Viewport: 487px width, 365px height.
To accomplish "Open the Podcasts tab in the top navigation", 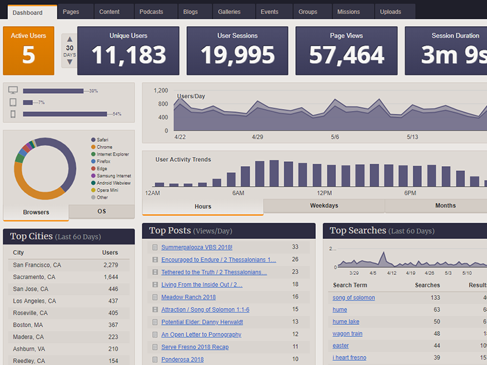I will click(151, 12).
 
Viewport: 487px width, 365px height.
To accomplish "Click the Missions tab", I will click(348, 12).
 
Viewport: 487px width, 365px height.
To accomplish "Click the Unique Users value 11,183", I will click(128, 55).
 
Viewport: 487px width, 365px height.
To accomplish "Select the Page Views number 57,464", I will click(346, 55).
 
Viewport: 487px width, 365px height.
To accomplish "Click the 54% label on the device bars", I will click(117, 114).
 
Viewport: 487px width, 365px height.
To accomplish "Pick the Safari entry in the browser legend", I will click(102, 140).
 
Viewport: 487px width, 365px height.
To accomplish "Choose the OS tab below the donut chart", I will click(102, 211).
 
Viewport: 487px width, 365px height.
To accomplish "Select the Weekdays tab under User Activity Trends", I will click(324, 206).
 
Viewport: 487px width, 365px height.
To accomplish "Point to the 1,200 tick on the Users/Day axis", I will click(161, 91).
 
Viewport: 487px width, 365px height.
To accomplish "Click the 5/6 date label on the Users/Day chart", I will click(335, 137).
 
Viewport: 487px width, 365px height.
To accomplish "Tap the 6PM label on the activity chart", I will click(410, 193).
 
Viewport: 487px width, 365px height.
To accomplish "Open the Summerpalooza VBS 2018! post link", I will click(197, 247).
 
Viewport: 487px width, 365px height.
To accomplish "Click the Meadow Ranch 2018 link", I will click(188, 297).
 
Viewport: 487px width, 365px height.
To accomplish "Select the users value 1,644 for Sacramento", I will click(110, 277).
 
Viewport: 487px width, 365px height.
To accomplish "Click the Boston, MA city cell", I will click(28, 325).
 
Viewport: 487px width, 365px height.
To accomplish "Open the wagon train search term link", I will click(347, 333).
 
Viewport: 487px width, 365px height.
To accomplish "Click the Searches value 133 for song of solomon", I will click(435, 297).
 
